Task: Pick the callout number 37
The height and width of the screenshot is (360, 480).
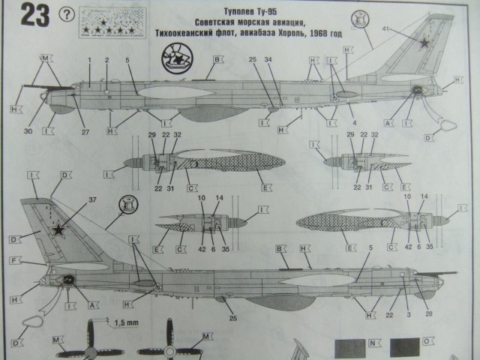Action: coord(91,200)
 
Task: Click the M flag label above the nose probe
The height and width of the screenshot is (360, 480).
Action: coord(46,58)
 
